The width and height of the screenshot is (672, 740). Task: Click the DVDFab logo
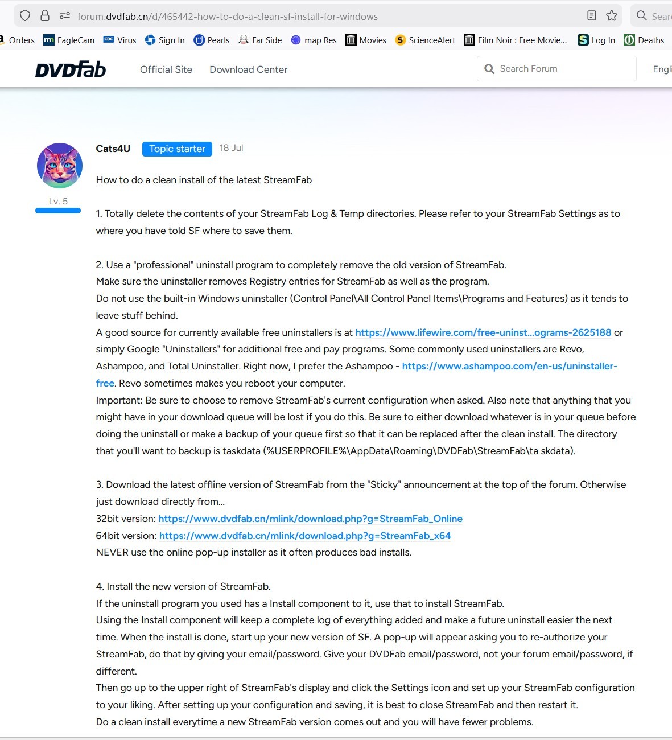click(x=71, y=69)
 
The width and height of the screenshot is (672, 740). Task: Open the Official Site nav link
click(x=166, y=69)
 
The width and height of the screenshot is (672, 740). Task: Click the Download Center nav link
click(x=248, y=69)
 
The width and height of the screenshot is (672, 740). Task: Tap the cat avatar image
click(x=60, y=166)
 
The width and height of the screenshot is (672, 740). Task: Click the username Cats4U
click(x=113, y=149)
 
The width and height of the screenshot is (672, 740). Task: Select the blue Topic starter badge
click(x=177, y=149)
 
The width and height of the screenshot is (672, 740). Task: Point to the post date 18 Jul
click(x=231, y=148)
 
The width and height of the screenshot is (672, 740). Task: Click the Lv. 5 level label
click(x=58, y=201)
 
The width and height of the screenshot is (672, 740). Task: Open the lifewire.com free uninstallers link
click(x=483, y=332)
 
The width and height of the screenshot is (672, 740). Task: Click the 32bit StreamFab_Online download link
click(x=310, y=519)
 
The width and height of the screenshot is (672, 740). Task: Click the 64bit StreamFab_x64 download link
click(x=305, y=536)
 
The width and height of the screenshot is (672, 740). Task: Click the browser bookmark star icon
click(x=612, y=16)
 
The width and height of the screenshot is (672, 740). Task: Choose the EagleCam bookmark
click(x=69, y=40)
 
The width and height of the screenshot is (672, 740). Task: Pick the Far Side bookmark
click(x=261, y=40)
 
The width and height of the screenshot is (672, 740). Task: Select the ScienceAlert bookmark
click(x=426, y=40)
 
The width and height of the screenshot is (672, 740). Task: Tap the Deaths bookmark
click(x=644, y=40)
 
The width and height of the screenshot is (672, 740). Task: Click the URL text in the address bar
click(x=228, y=17)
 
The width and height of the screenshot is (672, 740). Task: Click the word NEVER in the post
click(x=112, y=552)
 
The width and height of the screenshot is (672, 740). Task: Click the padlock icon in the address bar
click(x=45, y=16)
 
